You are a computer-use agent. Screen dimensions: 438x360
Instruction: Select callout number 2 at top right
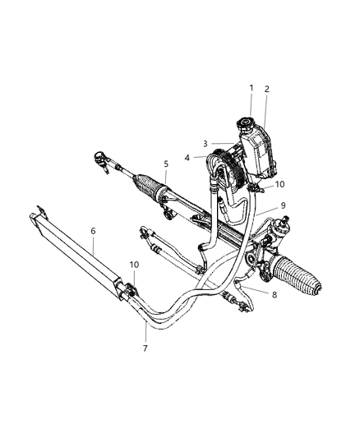(x=266, y=89)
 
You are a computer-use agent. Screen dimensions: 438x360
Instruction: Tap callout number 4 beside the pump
(x=187, y=157)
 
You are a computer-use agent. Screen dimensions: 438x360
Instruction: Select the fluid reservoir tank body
(x=261, y=152)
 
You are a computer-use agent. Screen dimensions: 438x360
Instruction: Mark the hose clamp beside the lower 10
(x=127, y=291)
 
